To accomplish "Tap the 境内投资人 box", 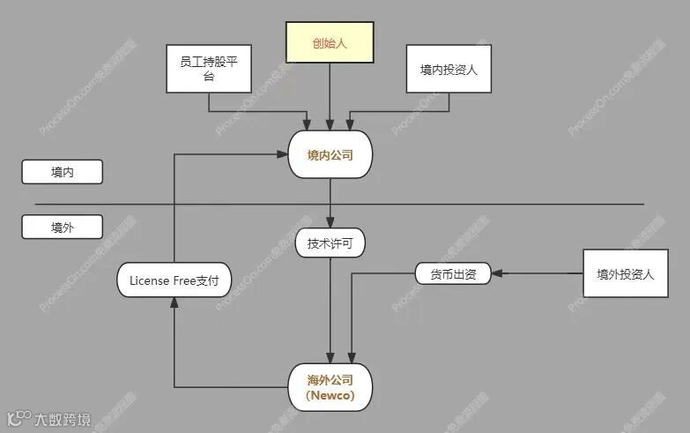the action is [x=449, y=68].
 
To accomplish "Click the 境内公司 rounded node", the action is [x=330, y=154].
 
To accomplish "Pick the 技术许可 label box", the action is [x=330, y=244].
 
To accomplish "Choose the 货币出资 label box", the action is [x=453, y=274].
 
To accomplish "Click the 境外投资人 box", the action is [x=625, y=273].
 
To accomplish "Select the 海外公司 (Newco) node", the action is [x=330, y=388].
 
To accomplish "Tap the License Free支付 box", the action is [x=174, y=281].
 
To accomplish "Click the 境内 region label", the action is [x=62, y=172].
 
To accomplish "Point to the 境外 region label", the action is [x=62, y=228].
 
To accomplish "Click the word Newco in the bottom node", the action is [x=330, y=396].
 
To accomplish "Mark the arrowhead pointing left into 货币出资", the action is [x=495, y=274].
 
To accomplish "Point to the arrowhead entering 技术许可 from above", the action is [x=330, y=226].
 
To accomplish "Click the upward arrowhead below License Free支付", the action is [x=174, y=302].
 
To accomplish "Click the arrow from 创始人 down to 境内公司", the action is [x=330, y=97].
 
